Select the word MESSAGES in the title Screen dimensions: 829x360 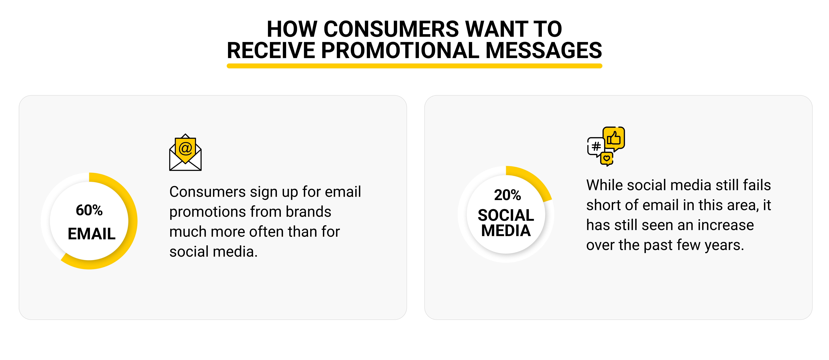click(544, 51)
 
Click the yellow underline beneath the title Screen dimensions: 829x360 click(415, 66)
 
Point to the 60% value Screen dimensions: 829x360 click(89, 210)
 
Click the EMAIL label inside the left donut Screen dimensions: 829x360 click(91, 234)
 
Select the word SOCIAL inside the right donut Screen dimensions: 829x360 click(506, 215)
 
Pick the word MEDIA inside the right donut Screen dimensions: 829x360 click(506, 231)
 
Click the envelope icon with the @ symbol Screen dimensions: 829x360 click(185, 152)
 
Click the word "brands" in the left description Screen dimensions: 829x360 click(309, 212)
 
